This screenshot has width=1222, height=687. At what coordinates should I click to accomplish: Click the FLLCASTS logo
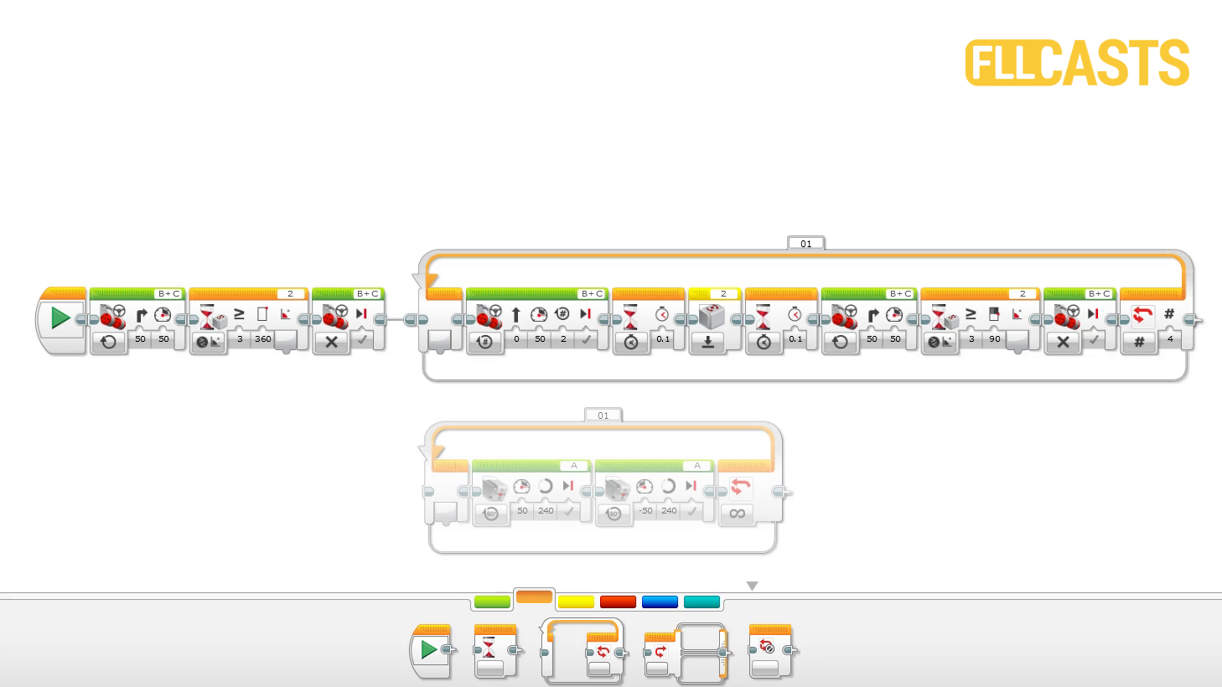1077,63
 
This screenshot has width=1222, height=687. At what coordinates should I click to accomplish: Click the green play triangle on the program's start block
60,318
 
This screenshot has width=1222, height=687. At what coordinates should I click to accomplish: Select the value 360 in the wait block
263,339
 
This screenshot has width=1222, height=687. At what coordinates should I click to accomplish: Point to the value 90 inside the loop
995,339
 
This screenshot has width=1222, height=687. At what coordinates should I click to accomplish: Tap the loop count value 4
1170,339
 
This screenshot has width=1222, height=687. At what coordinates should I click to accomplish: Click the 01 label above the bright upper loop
805,244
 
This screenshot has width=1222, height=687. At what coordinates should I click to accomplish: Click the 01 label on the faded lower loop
603,416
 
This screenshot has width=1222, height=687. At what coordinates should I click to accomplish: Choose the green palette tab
492,602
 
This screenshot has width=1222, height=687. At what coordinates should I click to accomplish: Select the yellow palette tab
576,602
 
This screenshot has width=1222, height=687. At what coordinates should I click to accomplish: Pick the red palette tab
618,602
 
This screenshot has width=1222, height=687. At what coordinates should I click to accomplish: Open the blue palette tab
660,602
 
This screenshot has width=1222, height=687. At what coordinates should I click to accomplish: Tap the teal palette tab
702,602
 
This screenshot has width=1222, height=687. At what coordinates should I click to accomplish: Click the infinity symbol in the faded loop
738,514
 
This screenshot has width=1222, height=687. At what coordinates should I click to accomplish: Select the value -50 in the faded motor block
645,510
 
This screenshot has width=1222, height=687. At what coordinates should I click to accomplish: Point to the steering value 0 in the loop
516,339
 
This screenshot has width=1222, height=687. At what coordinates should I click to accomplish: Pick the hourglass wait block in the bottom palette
494,652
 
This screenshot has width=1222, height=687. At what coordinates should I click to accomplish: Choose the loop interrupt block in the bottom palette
769,652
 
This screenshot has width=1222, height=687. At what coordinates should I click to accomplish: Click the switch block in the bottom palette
683,652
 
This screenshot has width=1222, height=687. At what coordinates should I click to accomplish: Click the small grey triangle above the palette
752,586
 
